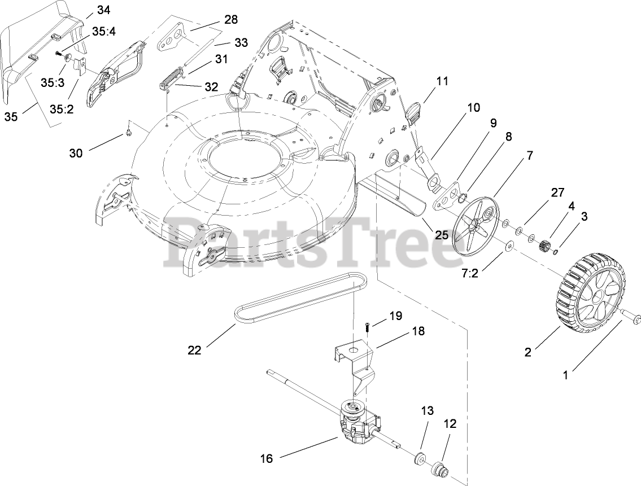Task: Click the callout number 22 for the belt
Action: tap(194, 351)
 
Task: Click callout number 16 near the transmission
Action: tap(266, 459)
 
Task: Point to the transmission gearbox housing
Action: tap(355, 422)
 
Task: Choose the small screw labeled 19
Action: tap(366, 326)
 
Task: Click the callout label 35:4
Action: tap(103, 32)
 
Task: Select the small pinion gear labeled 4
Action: tap(546, 247)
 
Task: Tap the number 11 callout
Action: tap(442, 81)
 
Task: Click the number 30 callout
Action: tap(76, 153)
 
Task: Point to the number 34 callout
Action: tap(104, 10)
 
